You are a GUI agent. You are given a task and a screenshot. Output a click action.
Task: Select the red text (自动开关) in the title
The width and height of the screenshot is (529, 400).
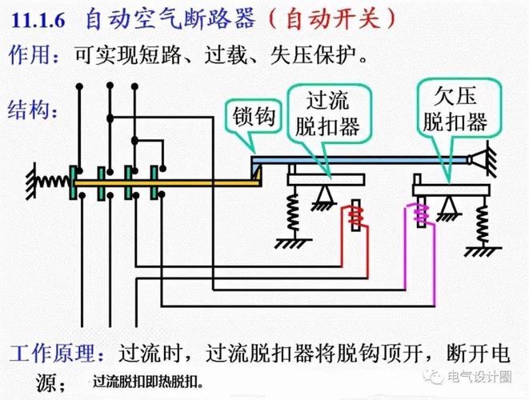click(335, 18)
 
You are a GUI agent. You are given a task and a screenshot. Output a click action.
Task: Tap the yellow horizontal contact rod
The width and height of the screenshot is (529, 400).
click(160, 183)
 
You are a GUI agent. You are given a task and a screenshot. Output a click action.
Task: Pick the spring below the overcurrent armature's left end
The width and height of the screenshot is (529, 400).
click(295, 210)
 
